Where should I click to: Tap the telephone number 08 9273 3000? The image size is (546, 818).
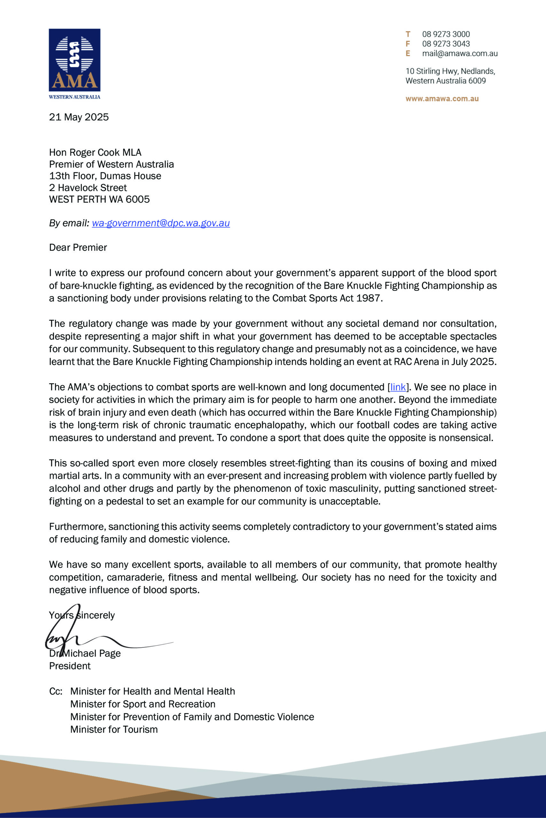pyautogui.click(x=446, y=34)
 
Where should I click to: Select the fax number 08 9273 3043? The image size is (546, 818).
pyautogui.click(x=446, y=44)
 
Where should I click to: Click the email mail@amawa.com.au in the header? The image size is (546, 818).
pyautogui.click(x=460, y=54)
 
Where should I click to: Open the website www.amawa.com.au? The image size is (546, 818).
pyautogui.click(x=442, y=98)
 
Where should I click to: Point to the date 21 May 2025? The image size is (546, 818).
pyautogui.click(x=79, y=117)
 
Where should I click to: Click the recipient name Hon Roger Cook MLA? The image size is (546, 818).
pyautogui.click(x=95, y=152)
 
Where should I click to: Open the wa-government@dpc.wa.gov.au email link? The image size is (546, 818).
pyautogui.click(x=160, y=223)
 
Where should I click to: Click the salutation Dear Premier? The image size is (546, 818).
pyautogui.click(x=78, y=248)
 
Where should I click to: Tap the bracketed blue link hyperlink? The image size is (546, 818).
pyautogui.click(x=398, y=387)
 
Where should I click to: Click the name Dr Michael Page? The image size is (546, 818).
pyautogui.click(x=85, y=653)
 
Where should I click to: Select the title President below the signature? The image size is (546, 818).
pyautogui.click(x=70, y=666)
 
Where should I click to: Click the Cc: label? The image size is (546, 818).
pyautogui.click(x=56, y=691)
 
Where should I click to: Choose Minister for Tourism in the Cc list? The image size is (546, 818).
pyautogui.click(x=114, y=729)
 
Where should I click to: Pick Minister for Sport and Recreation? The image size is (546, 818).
pyautogui.click(x=143, y=704)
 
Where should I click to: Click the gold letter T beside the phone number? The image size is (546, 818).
pyautogui.click(x=408, y=34)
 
